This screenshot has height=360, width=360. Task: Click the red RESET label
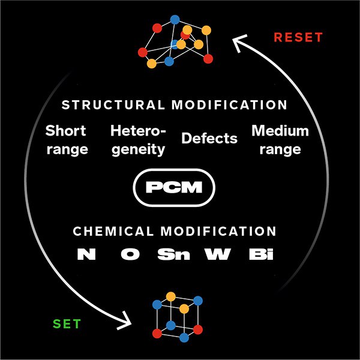click(x=298, y=37)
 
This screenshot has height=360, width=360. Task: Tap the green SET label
click(x=67, y=324)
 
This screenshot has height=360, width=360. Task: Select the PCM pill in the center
click(x=174, y=188)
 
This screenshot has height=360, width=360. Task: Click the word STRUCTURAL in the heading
click(x=113, y=104)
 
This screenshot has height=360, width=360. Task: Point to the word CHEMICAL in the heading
click(x=113, y=231)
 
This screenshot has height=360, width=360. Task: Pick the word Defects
click(x=209, y=138)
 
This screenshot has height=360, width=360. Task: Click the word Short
click(x=65, y=131)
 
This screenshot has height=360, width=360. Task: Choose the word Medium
click(x=280, y=131)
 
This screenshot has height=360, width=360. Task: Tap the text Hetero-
click(x=138, y=131)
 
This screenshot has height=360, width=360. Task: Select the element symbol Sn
click(x=174, y=254)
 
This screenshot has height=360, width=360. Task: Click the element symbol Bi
click(x=261, y=254)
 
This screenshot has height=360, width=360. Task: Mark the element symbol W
click(x=217, y=254)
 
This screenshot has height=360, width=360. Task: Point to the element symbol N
click(x=86, y=254)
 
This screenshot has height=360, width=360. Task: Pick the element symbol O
click(x=130, y=254)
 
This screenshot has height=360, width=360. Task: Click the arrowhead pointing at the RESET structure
click(x=239, y=43)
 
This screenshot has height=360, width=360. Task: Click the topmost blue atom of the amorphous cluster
click(x=175, y=20)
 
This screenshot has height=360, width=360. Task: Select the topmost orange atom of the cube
click(x=171, y=296)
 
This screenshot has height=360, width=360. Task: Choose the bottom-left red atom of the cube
click(x=157, y=334)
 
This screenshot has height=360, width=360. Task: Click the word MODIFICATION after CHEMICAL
click(x=218, y=231)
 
